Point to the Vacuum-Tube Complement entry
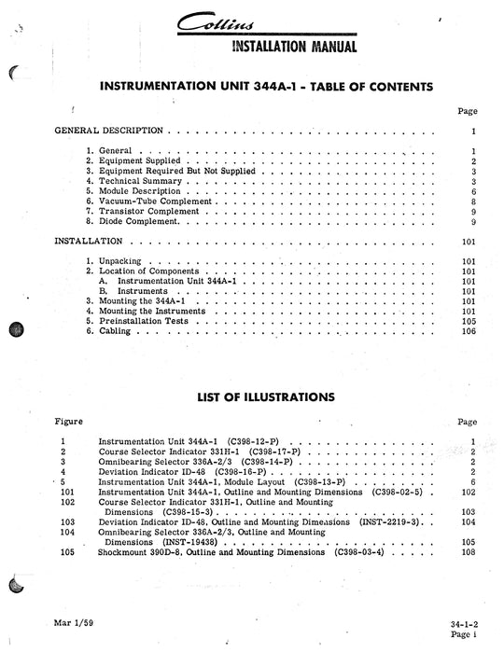(x=160, y=201)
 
